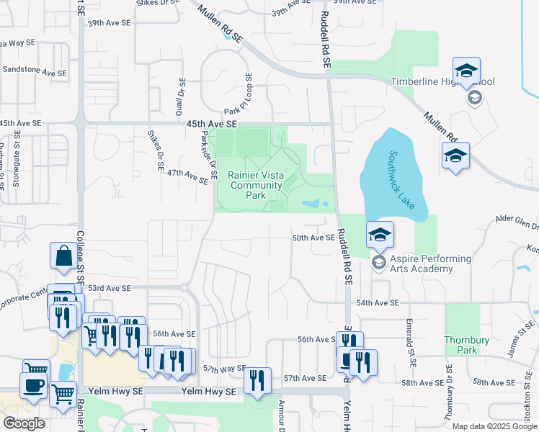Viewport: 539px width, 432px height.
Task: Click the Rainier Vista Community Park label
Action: (x=256, y=185)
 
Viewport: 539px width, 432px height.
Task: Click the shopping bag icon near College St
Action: (x=63, y=256)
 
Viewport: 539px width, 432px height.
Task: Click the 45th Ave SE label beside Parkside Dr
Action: (x=211, y=124)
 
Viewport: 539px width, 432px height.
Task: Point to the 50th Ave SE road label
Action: (x=313, y=238)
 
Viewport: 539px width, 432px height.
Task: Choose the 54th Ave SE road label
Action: (x=377, y=304)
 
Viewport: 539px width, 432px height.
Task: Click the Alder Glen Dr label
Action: (x=517, y=220)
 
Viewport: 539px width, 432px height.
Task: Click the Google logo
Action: (x=24, y=423)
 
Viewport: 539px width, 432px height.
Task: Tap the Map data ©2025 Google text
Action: (x=494, y=426)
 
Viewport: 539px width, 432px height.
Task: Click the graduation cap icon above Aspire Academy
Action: (x=380, y=234)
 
